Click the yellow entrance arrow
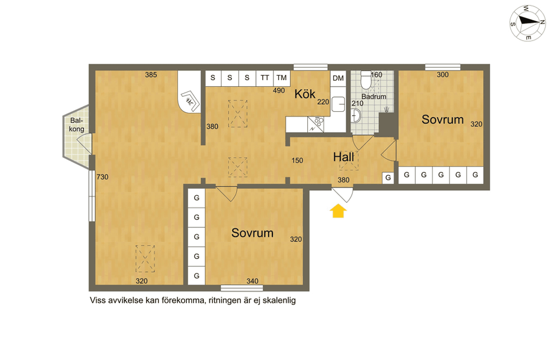[x=338, y=211]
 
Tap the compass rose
[x=527, y=23]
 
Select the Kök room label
[x=305, y=94]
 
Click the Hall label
[x=344, y=157]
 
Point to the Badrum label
[x=374, y=96]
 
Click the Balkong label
[x=77, y=125]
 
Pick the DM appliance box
[x=338, y=78]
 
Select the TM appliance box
[x=281, y=78]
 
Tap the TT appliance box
[x=264, y=78]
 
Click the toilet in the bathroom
[x=366, y=80]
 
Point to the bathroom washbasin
[x=356, y=116]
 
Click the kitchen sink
[x=338, y=104]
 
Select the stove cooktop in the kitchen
[x=316, y=124]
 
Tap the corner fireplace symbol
[x=190, y=101]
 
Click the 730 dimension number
[x=102, y=177]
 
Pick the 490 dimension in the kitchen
[x=279, y=90]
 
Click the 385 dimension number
[x=151, y=75]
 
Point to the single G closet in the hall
[x=388, y=178]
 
